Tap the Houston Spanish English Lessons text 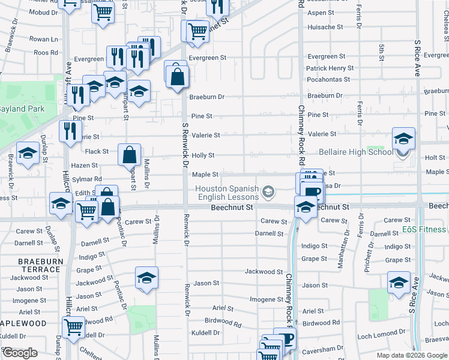[x=227, y=193]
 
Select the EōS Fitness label [x=426, y=229]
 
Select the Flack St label [x=97, y=152]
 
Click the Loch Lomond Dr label [x=376, y=333]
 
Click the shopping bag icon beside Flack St [x=130, y=155]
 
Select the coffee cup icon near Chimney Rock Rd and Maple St [x=310, y=192]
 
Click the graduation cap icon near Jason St [x=146, y=278]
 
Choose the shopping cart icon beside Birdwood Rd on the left [x=73, y=328]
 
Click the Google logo [x=19, y=353]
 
